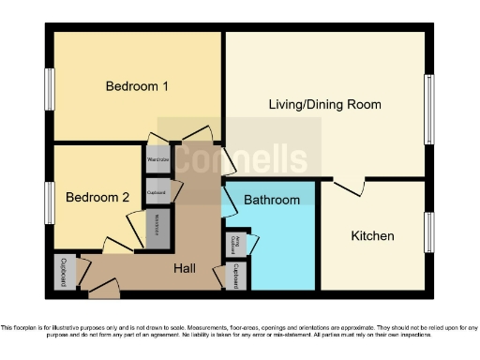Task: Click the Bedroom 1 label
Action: coord(136,86)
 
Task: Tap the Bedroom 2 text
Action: coord(97,198)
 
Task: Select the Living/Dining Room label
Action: coord(324,104)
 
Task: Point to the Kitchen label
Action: coord(372,235)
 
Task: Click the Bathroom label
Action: coord(272,200)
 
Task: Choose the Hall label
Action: coord(185,269)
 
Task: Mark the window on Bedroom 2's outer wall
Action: coord(49,202)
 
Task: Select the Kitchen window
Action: coord(429,232)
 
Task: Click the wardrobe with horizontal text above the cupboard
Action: coord(158,159)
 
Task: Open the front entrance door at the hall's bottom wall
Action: coord(104,289)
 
